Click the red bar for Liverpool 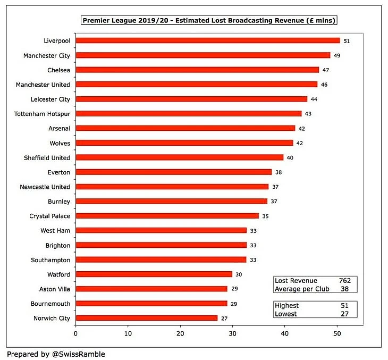click(x=207, y=40)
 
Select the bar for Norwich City click(x=146, y=318)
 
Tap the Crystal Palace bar click(x=167, y=216)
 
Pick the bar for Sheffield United click(x=179, y=157)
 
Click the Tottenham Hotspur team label click(x=43, y=114)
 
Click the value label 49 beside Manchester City click(x=337, y=55)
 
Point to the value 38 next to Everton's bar click(x=279, y=172)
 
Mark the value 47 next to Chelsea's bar click(x=325, y=70)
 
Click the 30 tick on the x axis click(x=232, y=334)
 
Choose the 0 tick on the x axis click(x=75, y=334)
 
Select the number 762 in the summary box click(x=345, y=280)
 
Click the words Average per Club click(x=301, y=289)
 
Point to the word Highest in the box click(x=286, y=306)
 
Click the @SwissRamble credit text click(x=78, y=354)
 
